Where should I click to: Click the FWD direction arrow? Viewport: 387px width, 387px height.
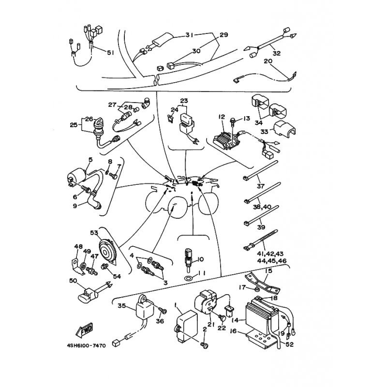tap(85, 330)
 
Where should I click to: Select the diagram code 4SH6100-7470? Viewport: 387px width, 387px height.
tap(87, 345)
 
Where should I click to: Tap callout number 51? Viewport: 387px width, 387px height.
tap(110, 53)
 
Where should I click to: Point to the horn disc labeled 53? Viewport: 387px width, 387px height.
tap(106, 252)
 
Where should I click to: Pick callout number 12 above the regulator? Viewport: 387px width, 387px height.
tap(222, 117)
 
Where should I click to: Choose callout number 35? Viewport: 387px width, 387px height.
tap(122, 306)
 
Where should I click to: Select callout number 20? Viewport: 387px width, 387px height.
tap(268, 61)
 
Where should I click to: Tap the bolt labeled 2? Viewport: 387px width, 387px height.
tap(204, 345)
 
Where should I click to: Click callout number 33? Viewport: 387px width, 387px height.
tap(264, 131)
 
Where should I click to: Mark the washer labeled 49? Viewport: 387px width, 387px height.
tap(83, 266)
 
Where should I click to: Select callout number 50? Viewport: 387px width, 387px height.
tap(73, 281)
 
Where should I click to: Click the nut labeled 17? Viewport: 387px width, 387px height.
tap(257, 289)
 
